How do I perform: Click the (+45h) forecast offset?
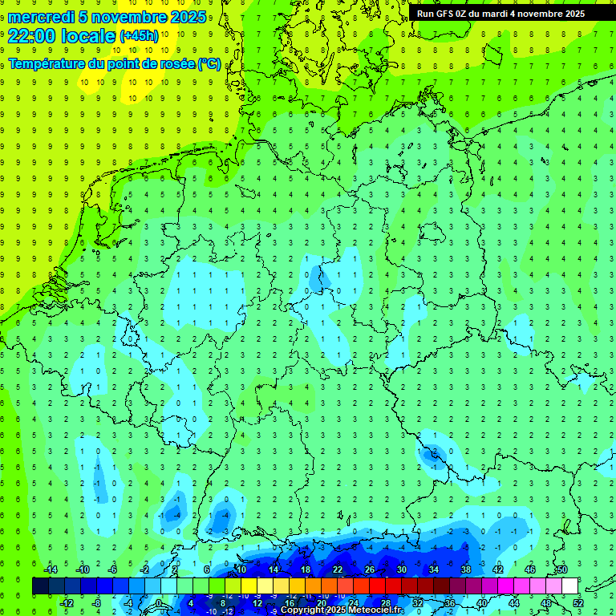(139, 36)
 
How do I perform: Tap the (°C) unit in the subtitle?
(209, 64)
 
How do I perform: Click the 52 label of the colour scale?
(577, 602)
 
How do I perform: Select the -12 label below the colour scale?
(67, 602)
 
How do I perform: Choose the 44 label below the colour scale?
(513, 602)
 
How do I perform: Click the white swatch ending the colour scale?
(569, 586)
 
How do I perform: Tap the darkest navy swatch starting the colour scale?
(40, 586)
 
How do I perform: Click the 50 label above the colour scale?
(561, 569)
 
